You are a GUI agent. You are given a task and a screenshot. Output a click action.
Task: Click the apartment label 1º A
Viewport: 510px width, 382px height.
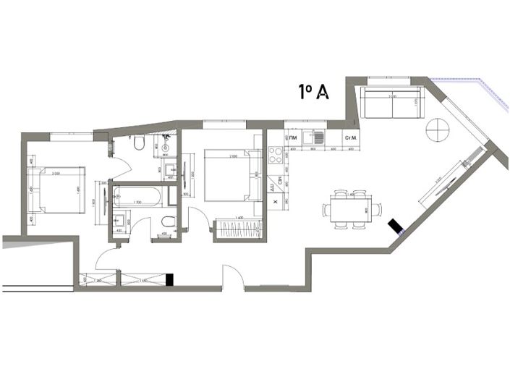(315, 92)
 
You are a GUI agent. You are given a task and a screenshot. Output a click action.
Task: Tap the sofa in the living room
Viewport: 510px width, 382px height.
(393, 104)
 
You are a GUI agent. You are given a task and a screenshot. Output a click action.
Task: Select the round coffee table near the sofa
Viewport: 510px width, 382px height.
(438, 130)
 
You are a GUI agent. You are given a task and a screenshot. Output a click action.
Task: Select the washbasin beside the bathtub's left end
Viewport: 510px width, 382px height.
(119, 222)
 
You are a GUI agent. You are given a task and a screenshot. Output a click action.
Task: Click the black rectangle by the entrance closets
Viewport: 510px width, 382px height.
(170, 279)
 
